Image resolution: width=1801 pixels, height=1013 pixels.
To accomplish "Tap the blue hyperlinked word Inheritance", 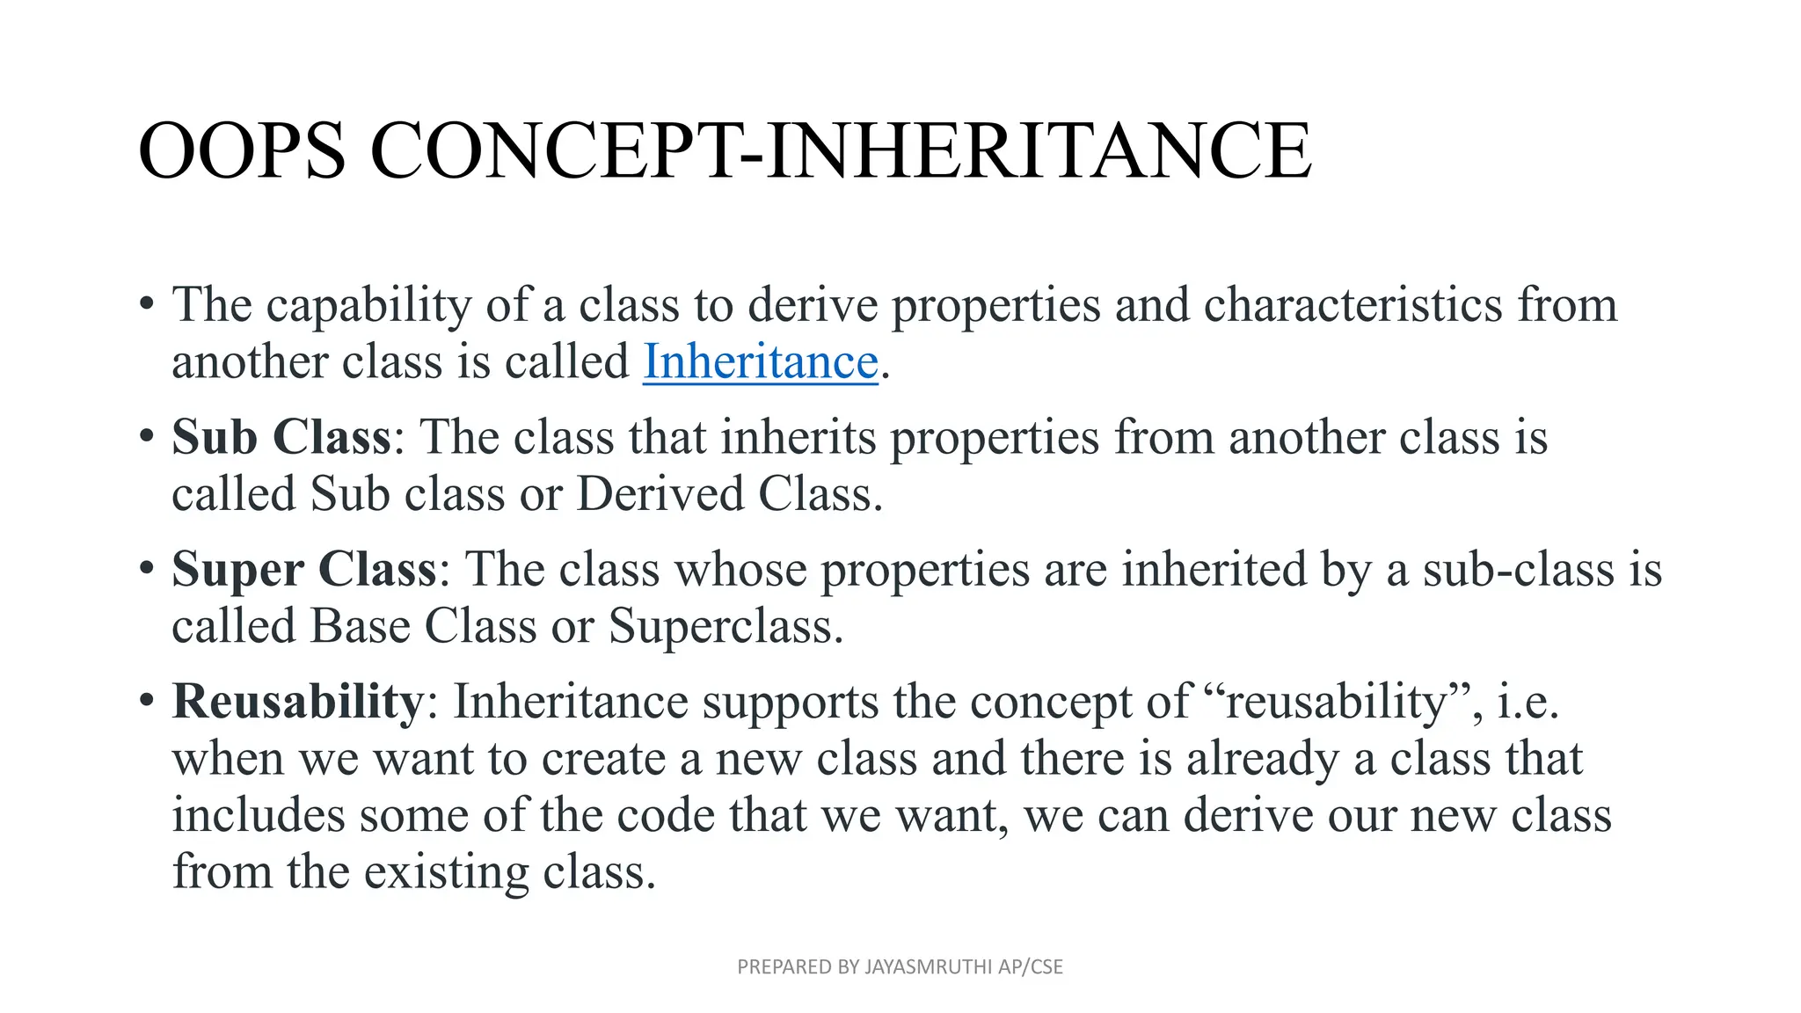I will click(761, 361).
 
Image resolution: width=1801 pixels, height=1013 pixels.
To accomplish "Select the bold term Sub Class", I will click(281, 437).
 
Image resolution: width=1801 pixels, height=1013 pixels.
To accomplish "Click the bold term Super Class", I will click(303, 569).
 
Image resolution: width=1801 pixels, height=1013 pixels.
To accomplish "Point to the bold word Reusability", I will click(298, 702).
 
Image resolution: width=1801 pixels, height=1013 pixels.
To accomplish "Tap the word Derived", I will click(660, 494).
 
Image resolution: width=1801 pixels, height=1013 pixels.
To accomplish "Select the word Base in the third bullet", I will click(361, 626).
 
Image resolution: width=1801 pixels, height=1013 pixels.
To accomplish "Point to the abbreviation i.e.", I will click(1528, 702).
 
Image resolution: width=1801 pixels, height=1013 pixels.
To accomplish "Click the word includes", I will click(258, 815).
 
